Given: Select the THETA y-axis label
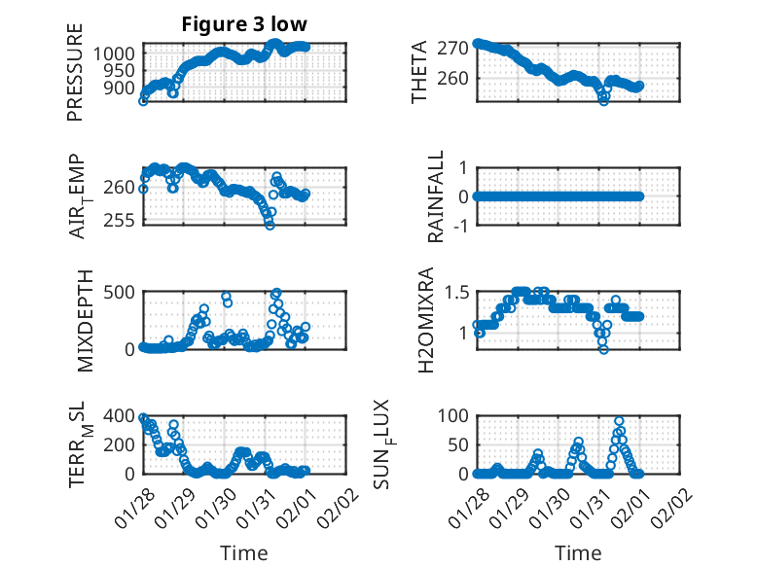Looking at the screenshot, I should [419, 72].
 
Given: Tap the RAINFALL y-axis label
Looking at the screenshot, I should [436, 196].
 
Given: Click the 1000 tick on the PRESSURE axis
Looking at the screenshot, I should [117, 53].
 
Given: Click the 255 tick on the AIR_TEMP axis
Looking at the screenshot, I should [122, 222].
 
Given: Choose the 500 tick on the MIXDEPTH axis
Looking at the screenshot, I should [122, 291].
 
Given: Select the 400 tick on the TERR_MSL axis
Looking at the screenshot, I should [122, 415].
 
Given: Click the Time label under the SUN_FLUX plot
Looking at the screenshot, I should [578, 552].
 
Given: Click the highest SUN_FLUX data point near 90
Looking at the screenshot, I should [619, 422].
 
